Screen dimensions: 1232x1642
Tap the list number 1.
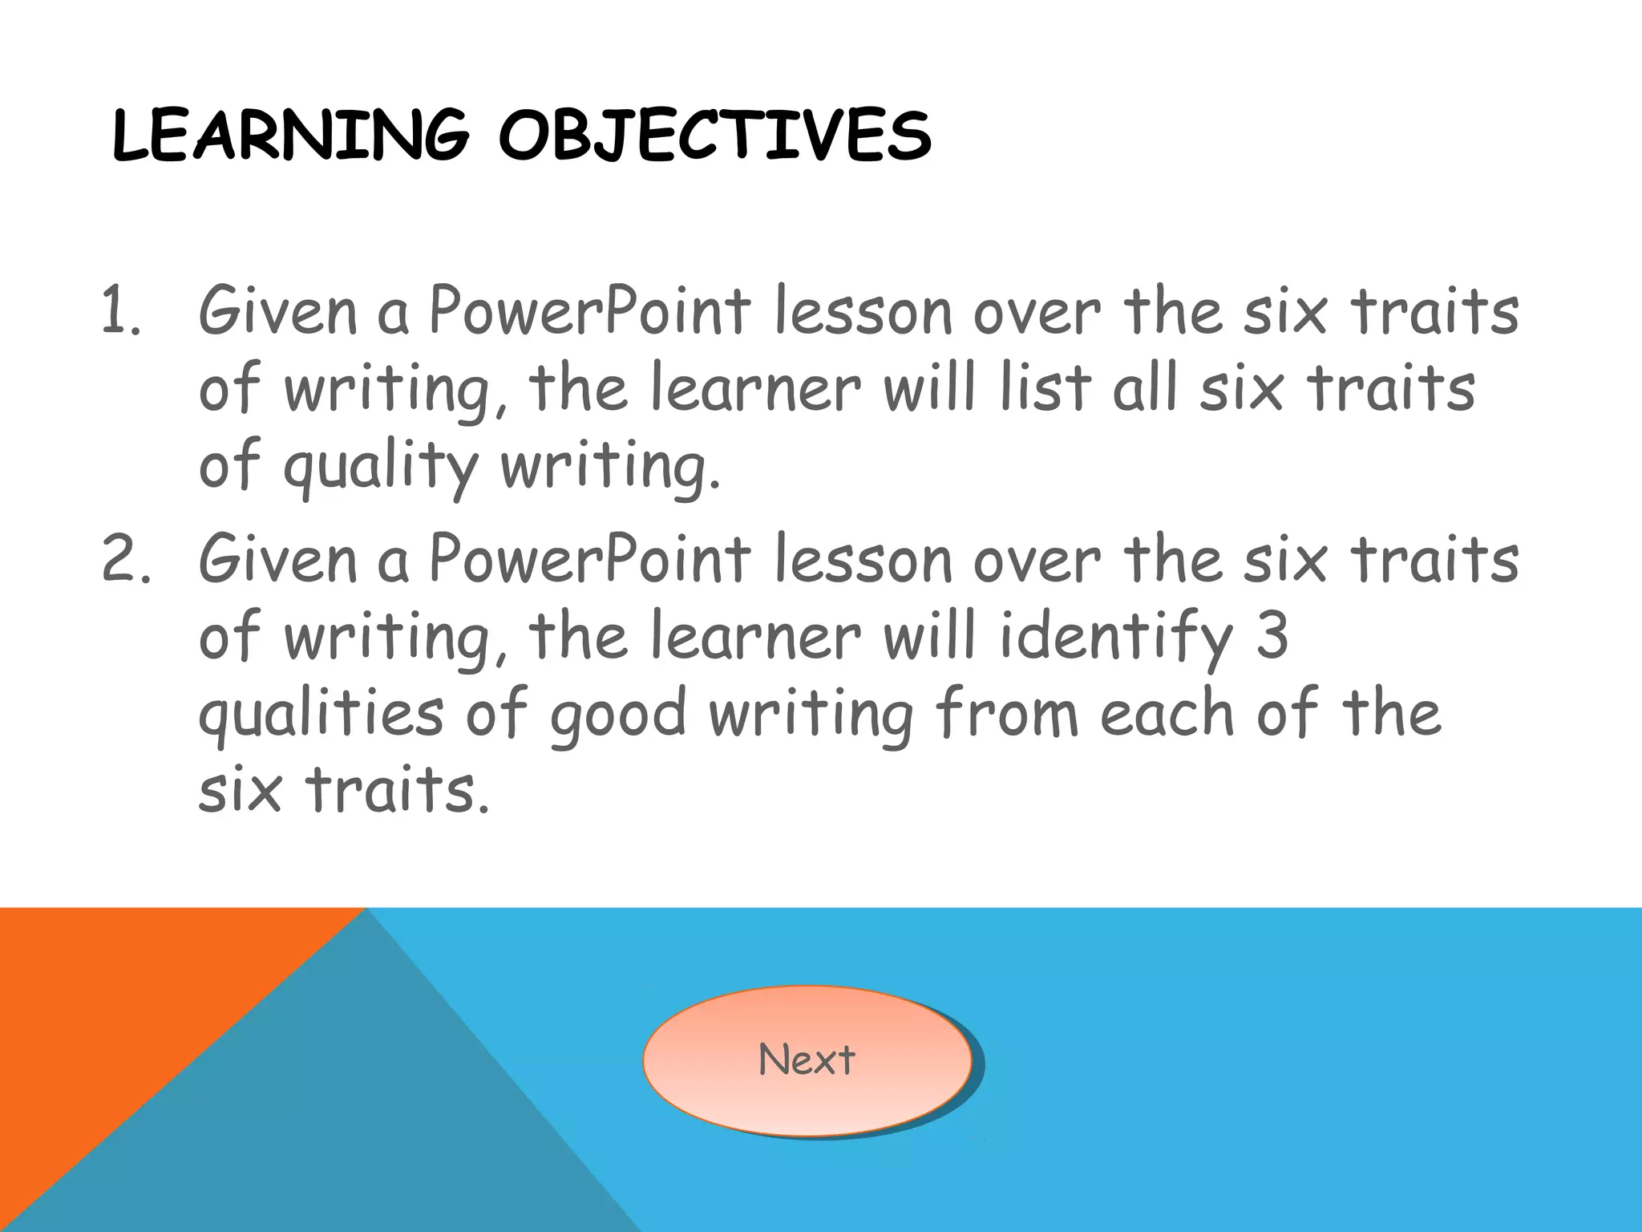coord(120,313)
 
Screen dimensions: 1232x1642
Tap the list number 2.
coord(124,560)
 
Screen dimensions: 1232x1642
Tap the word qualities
coord(321,714)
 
